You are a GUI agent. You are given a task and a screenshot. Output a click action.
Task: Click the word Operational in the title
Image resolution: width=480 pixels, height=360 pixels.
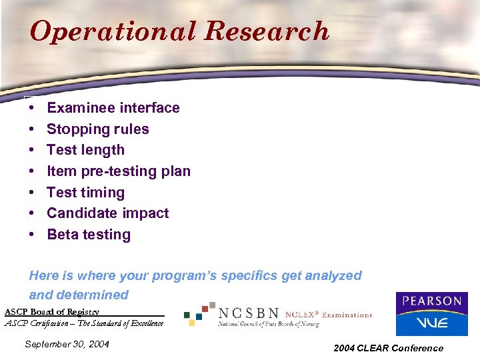113,31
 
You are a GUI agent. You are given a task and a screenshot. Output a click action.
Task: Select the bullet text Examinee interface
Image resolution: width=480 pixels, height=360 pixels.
113,108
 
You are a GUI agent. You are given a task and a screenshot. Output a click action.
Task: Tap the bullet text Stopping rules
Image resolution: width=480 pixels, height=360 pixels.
97,129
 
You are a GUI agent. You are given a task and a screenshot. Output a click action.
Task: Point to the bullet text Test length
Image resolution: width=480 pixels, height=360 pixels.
85,150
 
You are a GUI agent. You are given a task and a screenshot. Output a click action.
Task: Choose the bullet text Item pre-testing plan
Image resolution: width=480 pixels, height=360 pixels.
118,171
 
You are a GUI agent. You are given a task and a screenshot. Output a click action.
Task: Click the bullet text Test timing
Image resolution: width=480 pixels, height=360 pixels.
85,193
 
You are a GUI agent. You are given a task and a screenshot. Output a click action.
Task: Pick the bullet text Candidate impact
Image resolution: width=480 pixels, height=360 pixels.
107,213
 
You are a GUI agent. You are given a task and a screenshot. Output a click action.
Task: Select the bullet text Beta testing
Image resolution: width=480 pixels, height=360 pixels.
89,235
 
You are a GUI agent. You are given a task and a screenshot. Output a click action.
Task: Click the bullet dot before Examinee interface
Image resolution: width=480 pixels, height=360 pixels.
31,108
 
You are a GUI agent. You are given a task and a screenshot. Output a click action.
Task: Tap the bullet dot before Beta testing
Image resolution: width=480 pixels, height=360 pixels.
31,235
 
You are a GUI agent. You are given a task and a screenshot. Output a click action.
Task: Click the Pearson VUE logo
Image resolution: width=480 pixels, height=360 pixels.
431,313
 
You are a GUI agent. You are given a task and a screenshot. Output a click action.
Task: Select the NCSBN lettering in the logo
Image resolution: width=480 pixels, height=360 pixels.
249,313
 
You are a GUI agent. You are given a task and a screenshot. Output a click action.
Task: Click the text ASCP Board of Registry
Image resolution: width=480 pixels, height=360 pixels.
52,311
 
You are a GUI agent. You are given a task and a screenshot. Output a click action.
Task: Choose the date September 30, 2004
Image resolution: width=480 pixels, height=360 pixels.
67,345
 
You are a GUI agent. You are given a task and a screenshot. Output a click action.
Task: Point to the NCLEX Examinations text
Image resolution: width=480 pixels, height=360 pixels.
329,314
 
